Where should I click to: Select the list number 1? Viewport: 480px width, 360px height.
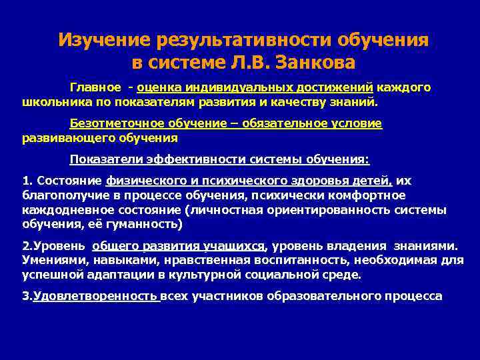(x=26, y=181)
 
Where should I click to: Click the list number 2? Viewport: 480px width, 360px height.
(x=26, y=245)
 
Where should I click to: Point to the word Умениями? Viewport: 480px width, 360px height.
(x=49, y=259)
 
